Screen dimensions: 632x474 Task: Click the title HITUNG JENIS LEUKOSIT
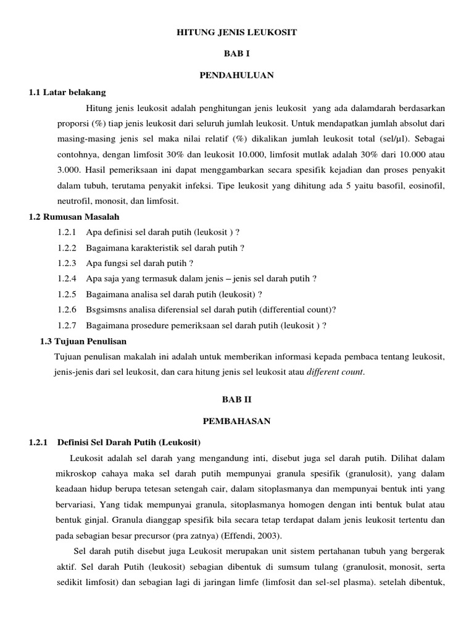pos(237,31)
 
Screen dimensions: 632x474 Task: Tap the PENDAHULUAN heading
pos(237,75)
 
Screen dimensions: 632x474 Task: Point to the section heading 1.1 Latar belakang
pos(67,93)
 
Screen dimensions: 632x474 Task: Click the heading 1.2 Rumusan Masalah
pos(74,217)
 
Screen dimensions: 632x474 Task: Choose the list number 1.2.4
pos(67,278)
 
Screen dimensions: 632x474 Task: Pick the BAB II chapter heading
pos(237,399)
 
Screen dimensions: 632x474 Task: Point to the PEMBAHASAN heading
pos(237,421)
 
